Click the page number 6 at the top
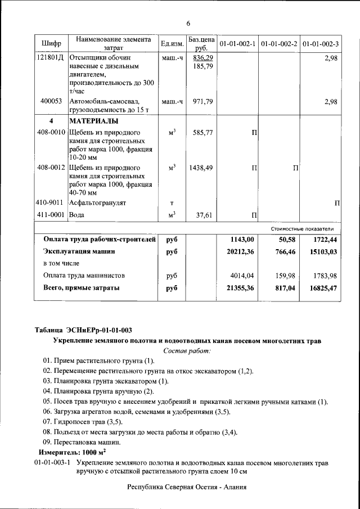[188, 23]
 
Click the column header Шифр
[51, 44]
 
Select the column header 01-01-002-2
[279, 44]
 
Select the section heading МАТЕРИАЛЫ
[93, 121]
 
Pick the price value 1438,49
[201, 168]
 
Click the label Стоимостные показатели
[302, 229]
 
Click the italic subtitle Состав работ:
[187, 351]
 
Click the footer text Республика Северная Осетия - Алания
[186, 487]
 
